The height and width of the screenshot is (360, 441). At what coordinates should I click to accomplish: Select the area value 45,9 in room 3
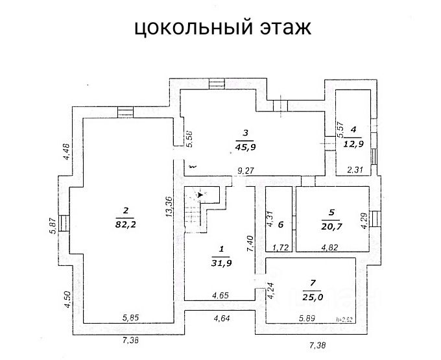click(244, 147)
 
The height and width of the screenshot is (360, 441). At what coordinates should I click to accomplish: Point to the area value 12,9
click(353, 143)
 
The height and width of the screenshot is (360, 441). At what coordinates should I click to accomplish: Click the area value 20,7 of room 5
click(331, 226)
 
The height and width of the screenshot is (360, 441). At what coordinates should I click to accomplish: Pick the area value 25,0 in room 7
click(312, 297)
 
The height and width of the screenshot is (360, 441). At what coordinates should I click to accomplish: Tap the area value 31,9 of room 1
click(221, 263)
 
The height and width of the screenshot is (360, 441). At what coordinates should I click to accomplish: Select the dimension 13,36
click(168, 210)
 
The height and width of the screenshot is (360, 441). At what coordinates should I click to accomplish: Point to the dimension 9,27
click(246, 171)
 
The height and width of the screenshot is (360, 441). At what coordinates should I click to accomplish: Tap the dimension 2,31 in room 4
click(355, 170)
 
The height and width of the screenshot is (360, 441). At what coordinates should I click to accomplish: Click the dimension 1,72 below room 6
click(280, 247)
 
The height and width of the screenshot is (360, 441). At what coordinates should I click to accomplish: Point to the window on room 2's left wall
click(65, 223)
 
